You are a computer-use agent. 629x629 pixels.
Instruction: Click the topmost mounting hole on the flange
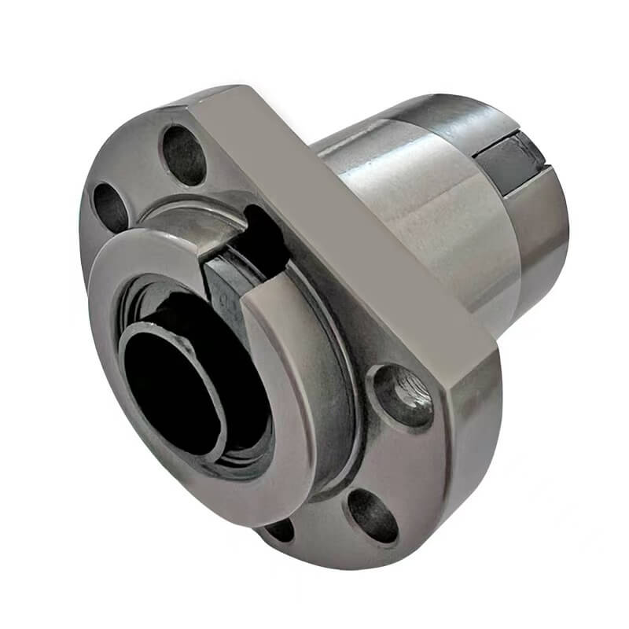[182, 155]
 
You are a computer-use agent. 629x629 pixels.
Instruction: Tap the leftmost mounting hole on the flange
[111, 208]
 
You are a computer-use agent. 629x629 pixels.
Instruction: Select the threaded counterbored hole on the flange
[402, 395]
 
